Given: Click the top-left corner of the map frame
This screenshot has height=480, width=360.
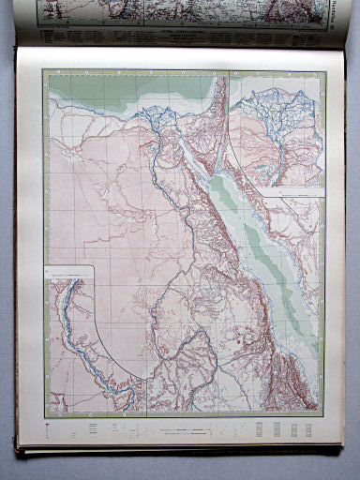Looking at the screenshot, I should coord(45,72).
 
